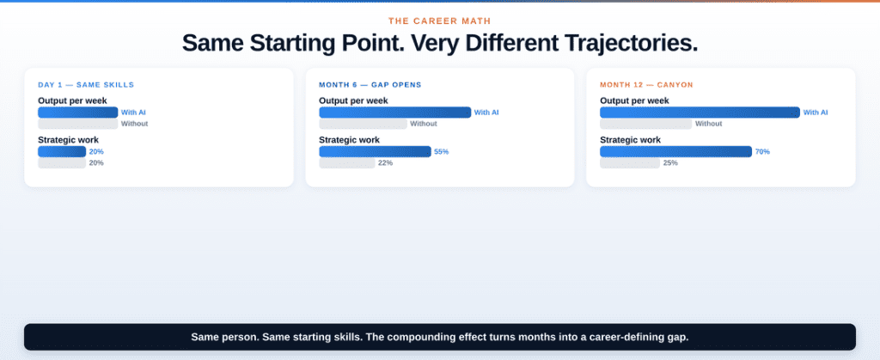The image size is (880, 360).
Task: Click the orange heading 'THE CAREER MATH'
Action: point(439,21)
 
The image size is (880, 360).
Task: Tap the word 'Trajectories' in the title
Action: point(626,43)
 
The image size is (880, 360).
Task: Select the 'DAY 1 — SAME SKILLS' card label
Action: point(86,84)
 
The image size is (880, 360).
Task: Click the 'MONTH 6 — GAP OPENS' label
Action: point(370,84)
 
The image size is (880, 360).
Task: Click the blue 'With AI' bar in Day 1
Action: point(77,113)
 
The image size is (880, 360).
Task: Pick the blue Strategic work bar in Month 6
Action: point(375,151)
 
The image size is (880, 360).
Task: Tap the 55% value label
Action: point(441,151)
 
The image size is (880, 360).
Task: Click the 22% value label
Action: point(385,163)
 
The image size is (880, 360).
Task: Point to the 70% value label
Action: point(762,151)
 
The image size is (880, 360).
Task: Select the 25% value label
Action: point(670,163)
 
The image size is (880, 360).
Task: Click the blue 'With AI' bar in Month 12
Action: point(700,113)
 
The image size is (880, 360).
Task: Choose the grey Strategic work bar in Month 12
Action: point(630,163)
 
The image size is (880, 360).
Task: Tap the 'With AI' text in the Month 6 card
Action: point(486,113)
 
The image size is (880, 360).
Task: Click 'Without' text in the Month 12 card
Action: point(708,124)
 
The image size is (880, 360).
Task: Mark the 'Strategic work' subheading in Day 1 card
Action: point(68,139)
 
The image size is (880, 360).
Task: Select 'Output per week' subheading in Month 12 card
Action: point(634,101)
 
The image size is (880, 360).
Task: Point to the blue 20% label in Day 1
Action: point(96,151)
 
